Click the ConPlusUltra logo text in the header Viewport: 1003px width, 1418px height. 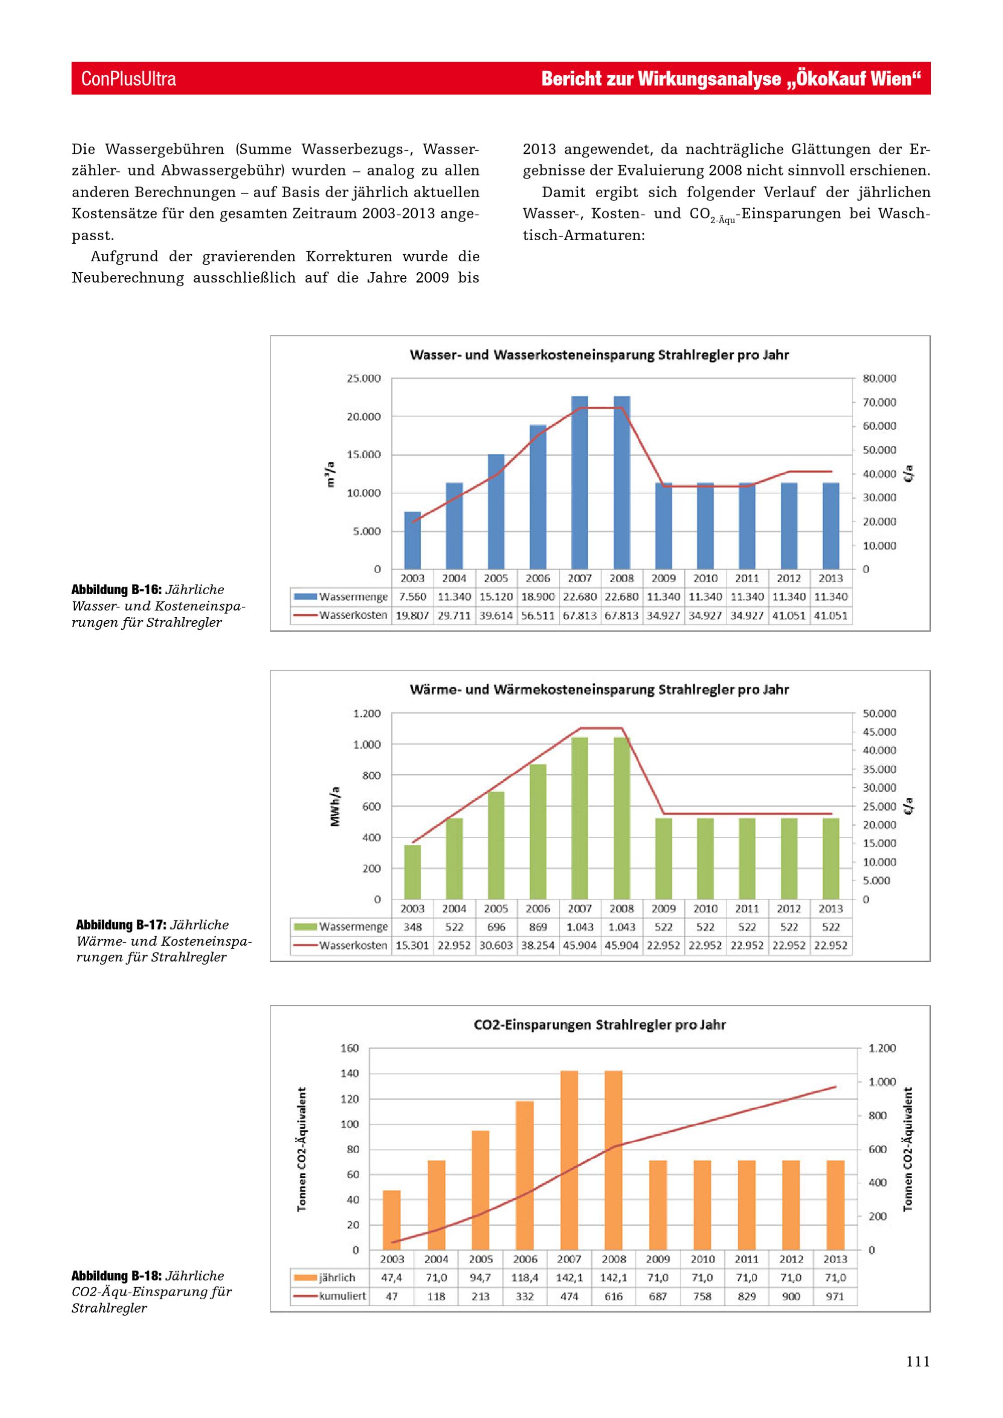click(128, 78)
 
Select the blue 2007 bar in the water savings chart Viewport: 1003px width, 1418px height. click(579, 482)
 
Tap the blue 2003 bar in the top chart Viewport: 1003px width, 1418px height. click(413, 541)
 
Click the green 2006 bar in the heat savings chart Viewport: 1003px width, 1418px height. click(538, 832)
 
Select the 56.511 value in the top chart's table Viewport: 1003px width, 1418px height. click(538, 616)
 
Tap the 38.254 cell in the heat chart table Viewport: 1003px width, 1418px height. click(538, 946)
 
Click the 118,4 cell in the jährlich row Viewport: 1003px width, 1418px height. click(525, 1278)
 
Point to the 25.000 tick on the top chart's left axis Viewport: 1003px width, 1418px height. click(364, 379)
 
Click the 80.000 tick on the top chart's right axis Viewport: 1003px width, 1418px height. click(880, 379)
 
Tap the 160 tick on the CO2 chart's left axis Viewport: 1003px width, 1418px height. click(350, 1048)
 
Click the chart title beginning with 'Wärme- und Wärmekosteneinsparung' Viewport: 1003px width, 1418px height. click(599, 689)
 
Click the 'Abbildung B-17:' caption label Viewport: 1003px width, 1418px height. click(121, 925)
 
